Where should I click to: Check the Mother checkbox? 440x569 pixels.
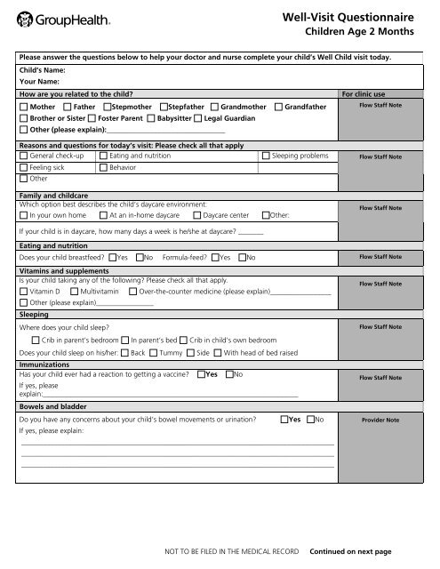pyautogui.click(x=23, y=107)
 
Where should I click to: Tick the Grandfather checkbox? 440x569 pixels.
pyautogui.click(x=278, y=107)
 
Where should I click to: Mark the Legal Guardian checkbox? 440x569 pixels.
pyautogui.click(x=164, y=118)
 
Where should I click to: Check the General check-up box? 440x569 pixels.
pyautogui.click(x=23, y=156)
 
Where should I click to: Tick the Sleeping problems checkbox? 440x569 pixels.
pyautogui.click(x=266, y=156)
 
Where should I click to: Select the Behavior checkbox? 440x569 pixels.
pyautogui.click(x=103, y=167)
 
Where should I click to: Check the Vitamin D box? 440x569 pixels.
pyautogui.click(x=23, y=291)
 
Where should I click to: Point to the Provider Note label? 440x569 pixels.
pyautogui.click(x=380, y=420)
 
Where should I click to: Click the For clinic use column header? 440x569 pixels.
pyautogui.click(x=367, y=92)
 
